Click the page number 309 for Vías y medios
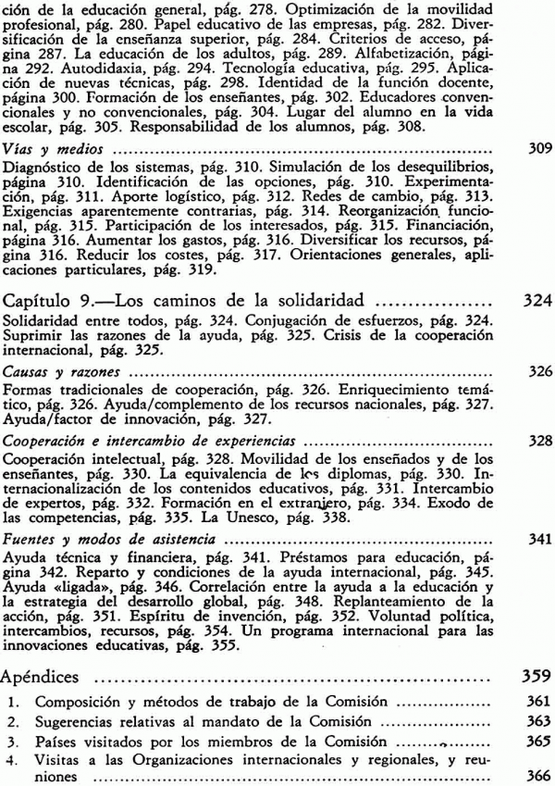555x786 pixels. point(537,147)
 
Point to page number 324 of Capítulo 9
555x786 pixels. point(536,300)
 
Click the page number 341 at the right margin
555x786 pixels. point(537,538)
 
